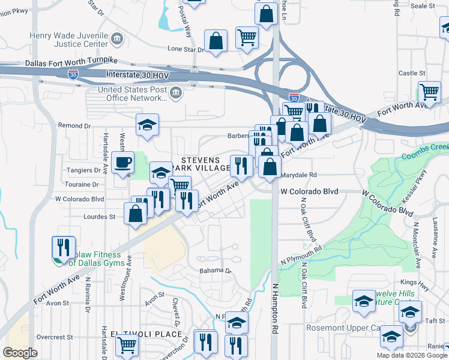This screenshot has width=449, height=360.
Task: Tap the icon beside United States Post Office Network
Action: (x=176, y=92)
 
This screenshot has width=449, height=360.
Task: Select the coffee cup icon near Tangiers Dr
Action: (x=124, y=162)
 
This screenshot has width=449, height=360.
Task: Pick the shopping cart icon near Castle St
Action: (x=429, y=92)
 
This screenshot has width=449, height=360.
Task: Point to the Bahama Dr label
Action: (x=215, y=271)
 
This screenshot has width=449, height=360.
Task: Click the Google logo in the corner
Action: (x=20, y=352)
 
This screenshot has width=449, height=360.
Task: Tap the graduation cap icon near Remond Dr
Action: (x=147, y=125)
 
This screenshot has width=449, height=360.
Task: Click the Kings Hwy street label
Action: (x=412, y=282)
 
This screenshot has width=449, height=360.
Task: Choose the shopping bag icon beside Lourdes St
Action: (x=136, y=213)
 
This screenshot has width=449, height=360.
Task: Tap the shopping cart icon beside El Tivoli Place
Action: (x=127, y=345)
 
